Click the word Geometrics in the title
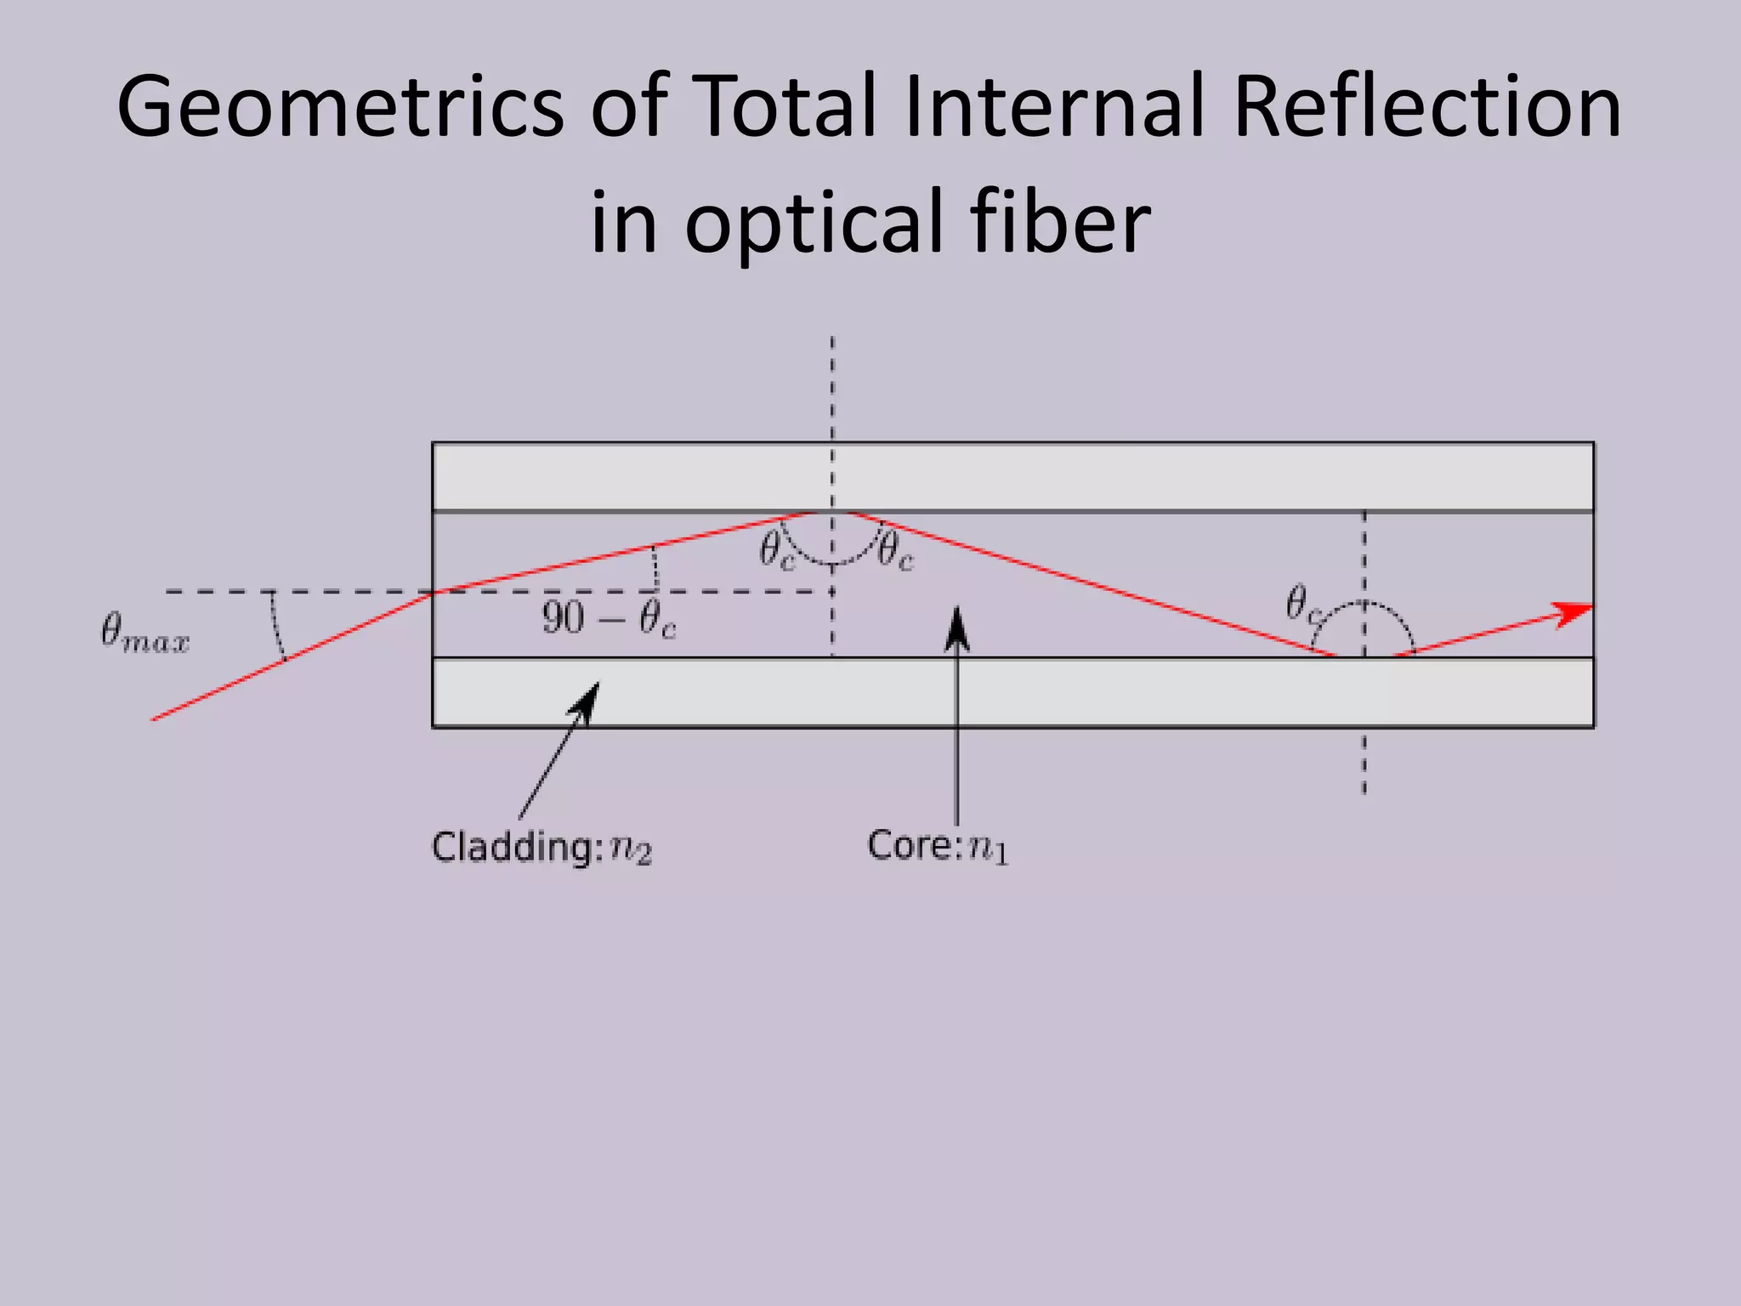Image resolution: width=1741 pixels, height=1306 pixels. [x=340, y=107]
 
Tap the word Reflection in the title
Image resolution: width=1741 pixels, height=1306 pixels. [x=1426, y=107]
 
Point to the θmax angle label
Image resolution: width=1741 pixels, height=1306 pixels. [x=145, y=633]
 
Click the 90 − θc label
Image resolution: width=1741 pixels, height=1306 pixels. [x=609, y=619]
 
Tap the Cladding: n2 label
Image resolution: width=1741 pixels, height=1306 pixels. [x=542, y=848]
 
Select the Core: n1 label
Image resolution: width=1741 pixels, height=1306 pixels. [x=937, y=846]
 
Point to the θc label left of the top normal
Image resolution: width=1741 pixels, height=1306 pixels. [x=776, y=550]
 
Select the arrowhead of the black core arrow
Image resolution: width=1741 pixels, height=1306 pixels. [x=957, y=627]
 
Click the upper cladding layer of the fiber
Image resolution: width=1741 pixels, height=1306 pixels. [x=1012, y=477]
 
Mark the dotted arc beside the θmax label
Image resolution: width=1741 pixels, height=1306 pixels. [x=276, y=626]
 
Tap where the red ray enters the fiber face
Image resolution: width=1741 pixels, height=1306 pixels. [x=434, y=592]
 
